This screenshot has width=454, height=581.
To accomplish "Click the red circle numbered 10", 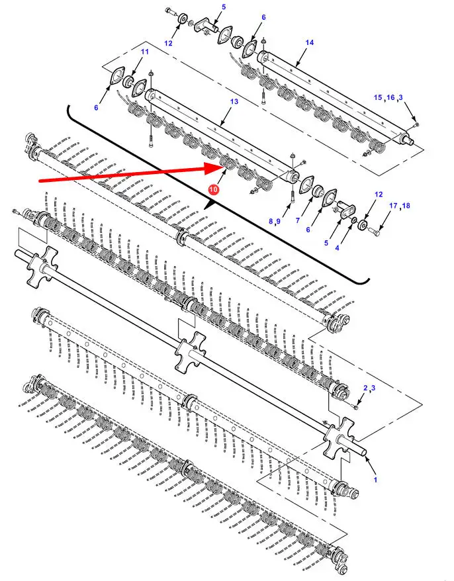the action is (214, 189).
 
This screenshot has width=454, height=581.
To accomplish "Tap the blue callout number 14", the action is (310, 42).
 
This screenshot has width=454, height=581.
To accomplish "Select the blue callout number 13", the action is (234, 101).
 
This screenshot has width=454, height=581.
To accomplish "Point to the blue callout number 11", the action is (144, 52).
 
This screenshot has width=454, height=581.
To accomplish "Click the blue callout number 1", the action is (375, 480).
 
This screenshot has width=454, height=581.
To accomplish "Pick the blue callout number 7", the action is (298, 220).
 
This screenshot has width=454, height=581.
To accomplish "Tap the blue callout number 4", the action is (337, 248).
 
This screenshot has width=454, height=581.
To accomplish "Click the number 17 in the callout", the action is (393, 205).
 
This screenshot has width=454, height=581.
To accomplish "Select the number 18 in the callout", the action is (406, 205).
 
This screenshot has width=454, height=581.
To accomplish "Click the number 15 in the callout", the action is (378, 97).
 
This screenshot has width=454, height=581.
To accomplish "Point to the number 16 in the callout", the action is (390, 97).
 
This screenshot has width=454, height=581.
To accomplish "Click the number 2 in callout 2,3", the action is (365, 388).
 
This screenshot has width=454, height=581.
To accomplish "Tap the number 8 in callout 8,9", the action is (271, 221).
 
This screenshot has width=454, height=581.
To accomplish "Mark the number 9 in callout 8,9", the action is (278, 221).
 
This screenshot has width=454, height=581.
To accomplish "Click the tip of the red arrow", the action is (222, 167).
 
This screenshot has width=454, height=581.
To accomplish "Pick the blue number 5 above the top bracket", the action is (224, 7).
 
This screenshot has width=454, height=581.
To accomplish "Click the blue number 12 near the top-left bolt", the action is (168, 44).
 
